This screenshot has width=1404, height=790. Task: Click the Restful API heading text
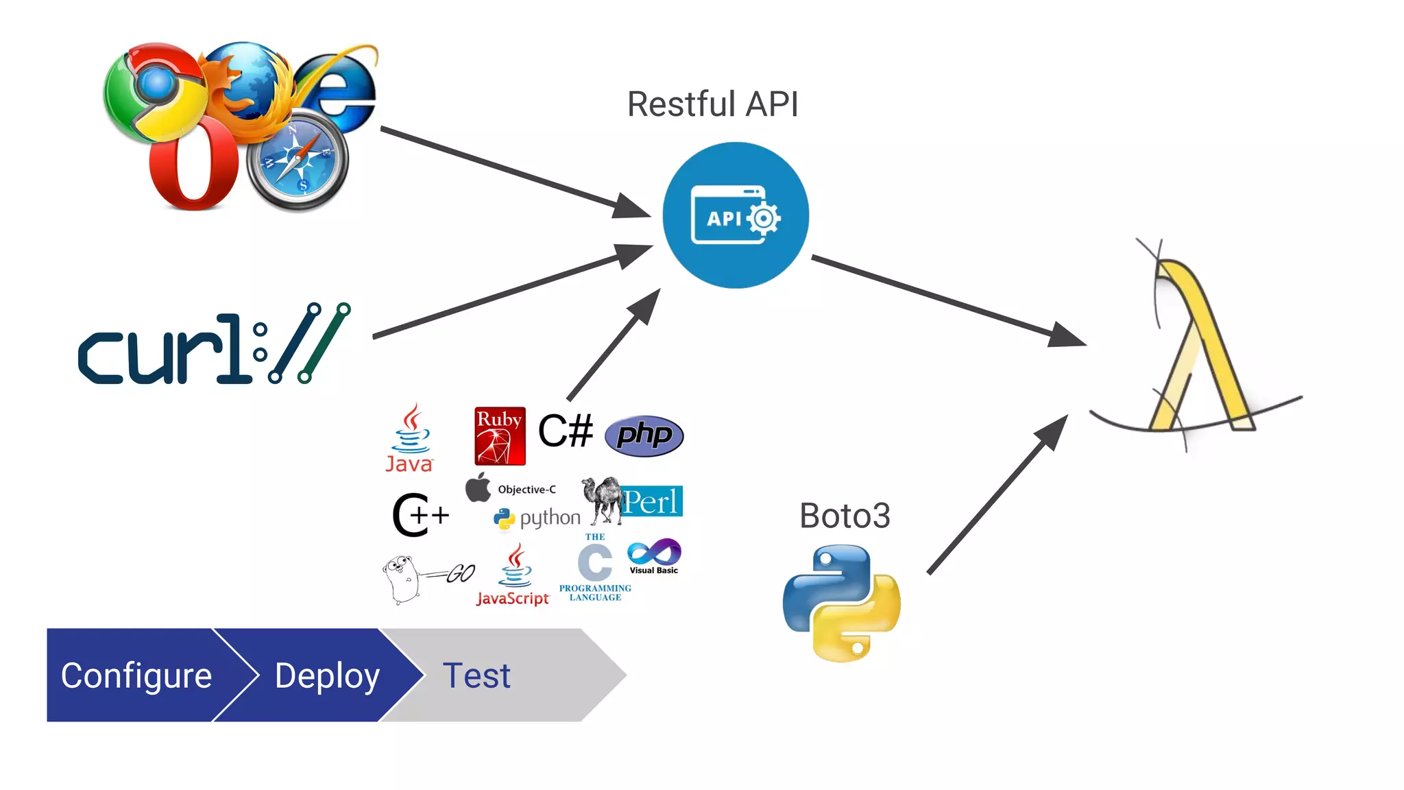coord(712,105)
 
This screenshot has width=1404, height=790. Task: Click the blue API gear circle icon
coord(736,215)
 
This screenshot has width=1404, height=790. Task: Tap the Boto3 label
coord(845,516)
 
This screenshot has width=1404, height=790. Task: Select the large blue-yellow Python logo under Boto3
coord(842,603)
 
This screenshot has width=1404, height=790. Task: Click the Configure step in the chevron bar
coord(136,675)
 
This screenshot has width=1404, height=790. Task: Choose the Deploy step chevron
coord(327,675)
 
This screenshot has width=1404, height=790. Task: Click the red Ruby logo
coord(500,436)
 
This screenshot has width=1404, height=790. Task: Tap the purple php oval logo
coord(644,435)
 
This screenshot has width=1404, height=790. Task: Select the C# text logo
coord(565,431)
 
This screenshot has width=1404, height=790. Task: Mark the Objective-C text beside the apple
coord(526,490)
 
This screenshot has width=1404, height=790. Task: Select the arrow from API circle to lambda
coord(946,300)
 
